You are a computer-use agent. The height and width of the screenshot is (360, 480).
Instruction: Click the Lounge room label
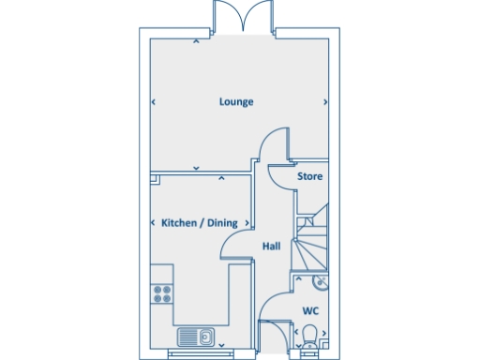click(236, 101)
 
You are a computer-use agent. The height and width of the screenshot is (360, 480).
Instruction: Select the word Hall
click(272, 246)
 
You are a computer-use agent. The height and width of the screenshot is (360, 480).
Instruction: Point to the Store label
click(309, 175)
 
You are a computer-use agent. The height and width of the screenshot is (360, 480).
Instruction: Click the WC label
click(309, 309)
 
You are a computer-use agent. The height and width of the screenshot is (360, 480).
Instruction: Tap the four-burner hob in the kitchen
click(161, 291)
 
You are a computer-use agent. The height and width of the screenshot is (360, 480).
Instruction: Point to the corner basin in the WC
click(321, 281)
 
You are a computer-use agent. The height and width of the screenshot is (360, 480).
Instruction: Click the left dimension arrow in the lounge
click(153, 101)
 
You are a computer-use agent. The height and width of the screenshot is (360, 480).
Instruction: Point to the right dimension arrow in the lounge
click(325, 101)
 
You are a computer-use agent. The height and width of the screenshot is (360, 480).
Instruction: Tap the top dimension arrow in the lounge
click(195, 41)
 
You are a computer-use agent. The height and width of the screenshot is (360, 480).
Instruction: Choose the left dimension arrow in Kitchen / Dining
click(153, 223)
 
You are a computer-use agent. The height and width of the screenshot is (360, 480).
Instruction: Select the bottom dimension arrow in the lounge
click(195, 168)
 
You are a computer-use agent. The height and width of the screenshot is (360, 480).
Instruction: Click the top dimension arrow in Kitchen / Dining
click(221, 177)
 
